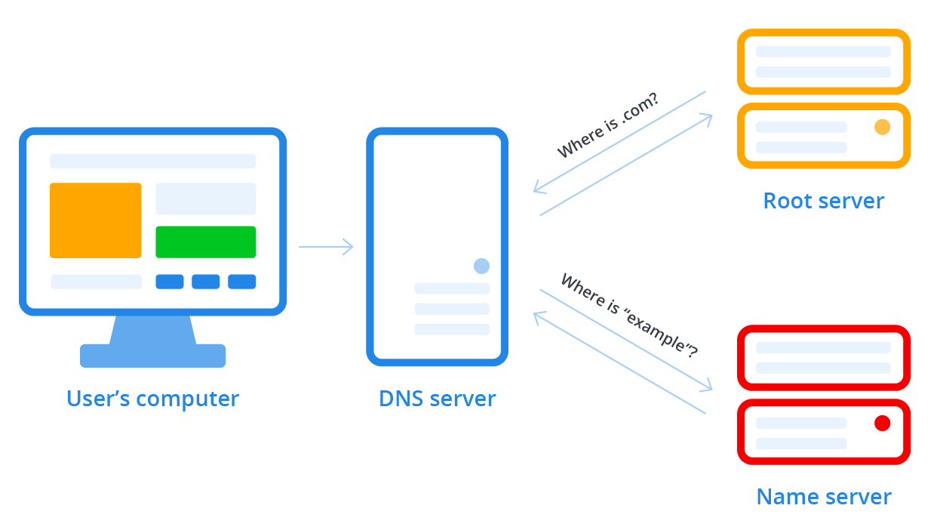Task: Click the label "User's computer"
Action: pos(152,398)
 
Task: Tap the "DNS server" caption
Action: pos(437,398)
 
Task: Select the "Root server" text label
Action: pos(823,201)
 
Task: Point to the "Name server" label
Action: pos(823,497)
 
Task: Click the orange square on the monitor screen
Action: pos(95,220)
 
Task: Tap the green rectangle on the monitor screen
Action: pos(205,242)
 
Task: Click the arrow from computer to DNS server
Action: pos(326,247)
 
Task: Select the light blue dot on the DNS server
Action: pos(481,266)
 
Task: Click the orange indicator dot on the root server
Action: pos(882,127)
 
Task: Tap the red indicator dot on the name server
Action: pos(882,423)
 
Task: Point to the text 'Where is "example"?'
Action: pos(629,315)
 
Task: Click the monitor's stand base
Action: pos(152,356)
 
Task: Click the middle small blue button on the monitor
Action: pos(205,282)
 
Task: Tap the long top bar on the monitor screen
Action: pos(152,161)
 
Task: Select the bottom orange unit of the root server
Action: pos(823,136)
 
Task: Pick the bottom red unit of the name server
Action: pos(823,432)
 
